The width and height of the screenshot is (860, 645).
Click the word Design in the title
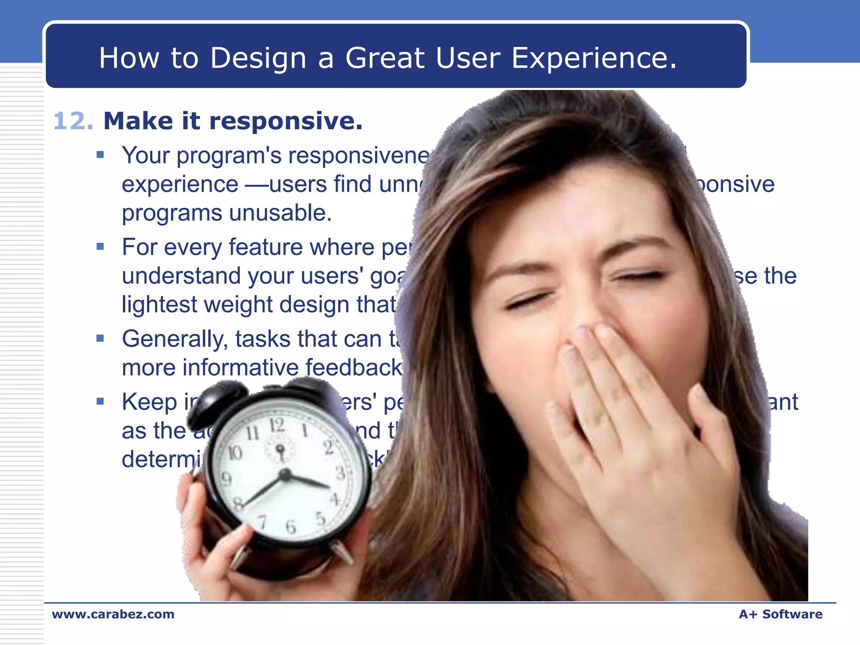coord(258,58)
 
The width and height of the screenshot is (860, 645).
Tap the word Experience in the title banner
coord(594,58)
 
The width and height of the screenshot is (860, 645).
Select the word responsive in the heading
coord(286,121)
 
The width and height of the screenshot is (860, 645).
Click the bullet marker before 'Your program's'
coord(100,155)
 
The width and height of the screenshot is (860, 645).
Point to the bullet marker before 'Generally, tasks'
coord(100,338)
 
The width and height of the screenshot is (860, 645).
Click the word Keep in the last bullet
coord(149,402)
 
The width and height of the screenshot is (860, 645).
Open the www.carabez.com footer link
coord(113,614)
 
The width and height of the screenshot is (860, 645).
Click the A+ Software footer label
coord(780,614)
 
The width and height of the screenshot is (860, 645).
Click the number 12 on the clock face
coord(276,425)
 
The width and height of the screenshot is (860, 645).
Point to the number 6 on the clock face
coord(291,527)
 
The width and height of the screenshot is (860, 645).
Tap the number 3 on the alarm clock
coord(340,473)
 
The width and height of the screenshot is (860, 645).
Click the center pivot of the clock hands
coord(285,475)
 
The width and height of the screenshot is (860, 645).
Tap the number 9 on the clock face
coord(226,479)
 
